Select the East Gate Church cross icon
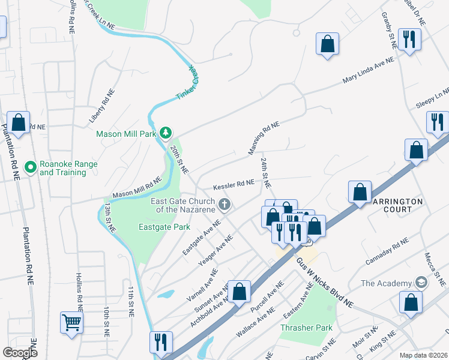coord(224,205)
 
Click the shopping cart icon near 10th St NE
coord(71,322)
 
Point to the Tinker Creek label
coord(187,83)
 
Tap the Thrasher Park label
coord(306,328)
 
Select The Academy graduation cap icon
coord(421,282)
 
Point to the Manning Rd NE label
coord(264,138)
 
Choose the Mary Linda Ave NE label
coord(368,71)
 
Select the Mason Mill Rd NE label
coord(137,187)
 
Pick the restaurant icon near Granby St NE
coord(410,40)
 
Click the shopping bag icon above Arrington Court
coord(360,193)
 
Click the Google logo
coord(20,352)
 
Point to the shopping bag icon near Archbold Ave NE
coord(239,292)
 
